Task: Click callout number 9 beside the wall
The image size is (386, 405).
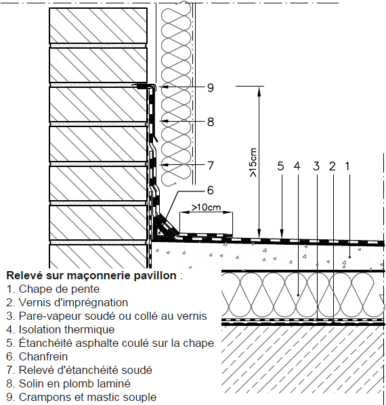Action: [211, 88]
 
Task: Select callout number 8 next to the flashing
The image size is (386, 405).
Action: [211, 122]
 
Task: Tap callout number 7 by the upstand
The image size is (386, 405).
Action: [211, 166]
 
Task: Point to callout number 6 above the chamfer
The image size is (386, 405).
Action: [211, 191]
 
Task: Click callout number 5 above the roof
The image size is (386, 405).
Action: [281, 166]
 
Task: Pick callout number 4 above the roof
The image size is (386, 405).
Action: [297, 166]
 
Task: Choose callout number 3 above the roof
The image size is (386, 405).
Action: [316, 166]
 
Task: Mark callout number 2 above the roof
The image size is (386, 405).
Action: [333, 166]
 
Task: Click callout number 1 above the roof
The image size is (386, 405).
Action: [347, 166]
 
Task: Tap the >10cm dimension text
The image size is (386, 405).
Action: [206, 207]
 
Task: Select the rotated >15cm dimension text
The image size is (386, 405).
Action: [253, 162]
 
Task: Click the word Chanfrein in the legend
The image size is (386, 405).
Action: [43, 357]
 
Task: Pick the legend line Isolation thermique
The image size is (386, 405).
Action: [60, 329]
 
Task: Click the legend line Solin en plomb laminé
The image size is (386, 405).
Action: [68, 383]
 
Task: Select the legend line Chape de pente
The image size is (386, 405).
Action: [53, 289]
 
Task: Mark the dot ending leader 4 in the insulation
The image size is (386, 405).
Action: [298, 295]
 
